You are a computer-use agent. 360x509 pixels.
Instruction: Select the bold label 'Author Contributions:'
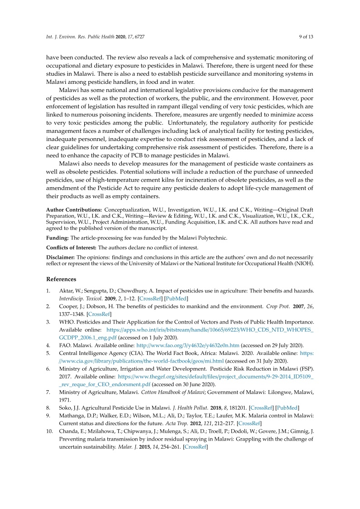(x=74, y=210)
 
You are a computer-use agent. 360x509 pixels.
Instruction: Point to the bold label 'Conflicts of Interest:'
(x=72, y=247)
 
